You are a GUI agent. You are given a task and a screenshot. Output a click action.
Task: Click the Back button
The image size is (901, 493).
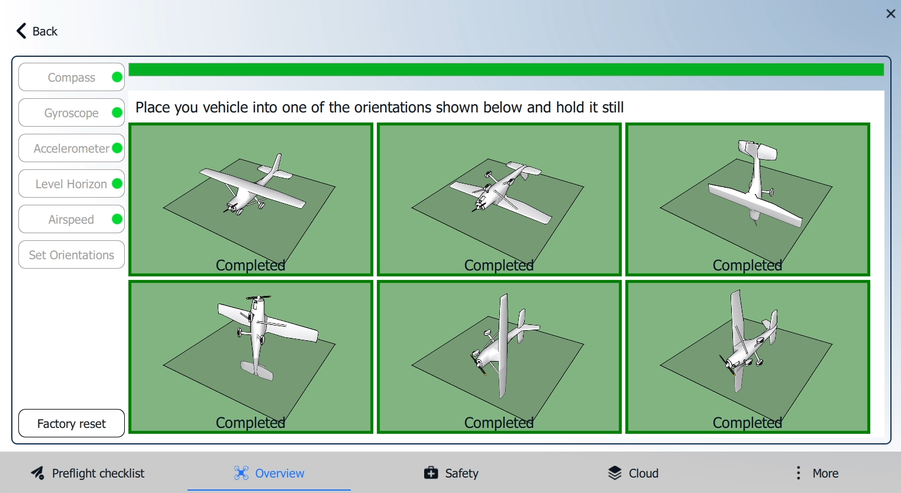pos(37,31)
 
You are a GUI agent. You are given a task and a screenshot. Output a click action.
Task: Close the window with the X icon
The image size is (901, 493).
pos(890,14)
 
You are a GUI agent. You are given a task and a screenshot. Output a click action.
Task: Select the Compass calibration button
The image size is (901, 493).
pos(72,77)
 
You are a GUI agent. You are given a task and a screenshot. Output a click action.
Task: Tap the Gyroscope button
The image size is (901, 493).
pos(72,112)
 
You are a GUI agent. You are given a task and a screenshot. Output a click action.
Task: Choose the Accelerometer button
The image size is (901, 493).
pos(72,148)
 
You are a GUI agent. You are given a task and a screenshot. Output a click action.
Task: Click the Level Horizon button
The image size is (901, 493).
pos(72,183)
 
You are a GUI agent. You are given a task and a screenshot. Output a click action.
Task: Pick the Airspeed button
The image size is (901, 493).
pos(72,219)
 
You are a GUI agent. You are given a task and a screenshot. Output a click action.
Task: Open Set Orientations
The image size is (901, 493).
pos(72,254)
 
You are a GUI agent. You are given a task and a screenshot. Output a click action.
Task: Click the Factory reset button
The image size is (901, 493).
pos(72,423)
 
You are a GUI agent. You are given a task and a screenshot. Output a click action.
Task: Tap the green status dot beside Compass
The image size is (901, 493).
pos(117,77)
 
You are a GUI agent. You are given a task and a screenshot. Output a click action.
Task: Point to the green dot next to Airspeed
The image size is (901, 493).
pos(117,219)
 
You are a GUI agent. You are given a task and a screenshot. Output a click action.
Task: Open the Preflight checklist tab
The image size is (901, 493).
pos(88,473)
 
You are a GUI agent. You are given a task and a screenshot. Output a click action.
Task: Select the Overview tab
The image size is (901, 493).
pos(269,473)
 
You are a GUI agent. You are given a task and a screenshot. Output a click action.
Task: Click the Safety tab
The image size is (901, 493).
pos(451,473)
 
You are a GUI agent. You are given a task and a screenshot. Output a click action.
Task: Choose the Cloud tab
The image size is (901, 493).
pos(633,473)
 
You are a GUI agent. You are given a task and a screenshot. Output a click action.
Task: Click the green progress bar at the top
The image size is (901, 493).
pos(506,69)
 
